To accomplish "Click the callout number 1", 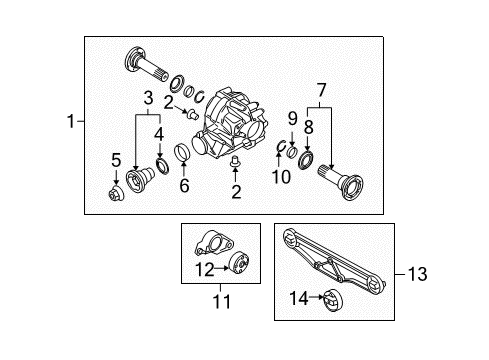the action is pyautogui.click(x=70, y=121).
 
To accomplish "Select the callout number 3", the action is pyautogui.click(x=148, y=98).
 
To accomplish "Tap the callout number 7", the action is pyautogui.click(x=321, y=90).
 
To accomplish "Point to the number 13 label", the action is pyautogui.click(x=417, y=274).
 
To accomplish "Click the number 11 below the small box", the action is pyautogui.click(x=222, y=301).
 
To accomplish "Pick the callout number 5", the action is pyautogui.click(x=116, y=160).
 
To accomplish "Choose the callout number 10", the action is pyautogui.click(x=281, y=177).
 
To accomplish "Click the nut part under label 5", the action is pyautogui.click(x=116, y=194).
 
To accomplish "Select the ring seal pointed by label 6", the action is pyautogui.click(x=183, y=152).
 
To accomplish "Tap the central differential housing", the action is pyautogui.click(x=230, y=123).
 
